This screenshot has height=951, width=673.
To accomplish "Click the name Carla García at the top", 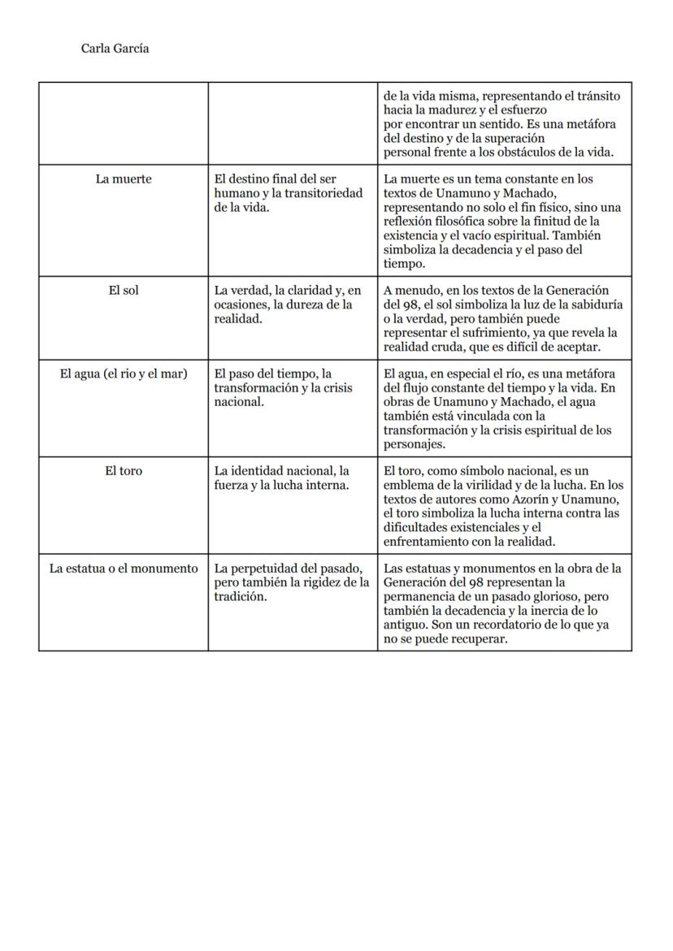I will tap(115, 49).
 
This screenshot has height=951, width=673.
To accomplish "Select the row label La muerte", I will tap(124, 179).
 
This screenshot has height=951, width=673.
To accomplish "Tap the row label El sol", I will tap(124, 290).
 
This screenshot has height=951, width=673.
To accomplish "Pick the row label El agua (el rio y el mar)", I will tap(124, 374).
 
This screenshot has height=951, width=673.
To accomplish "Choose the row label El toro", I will tap(124, 471).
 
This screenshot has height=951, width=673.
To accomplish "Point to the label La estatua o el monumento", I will tap(124, 568).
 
